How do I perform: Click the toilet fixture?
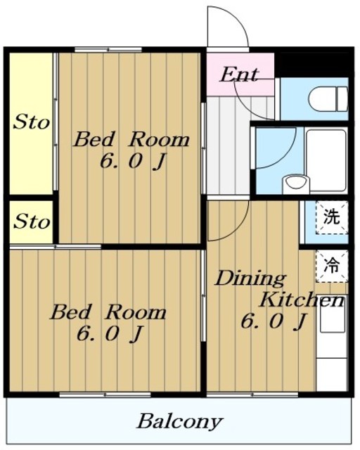click(x=328, y=98)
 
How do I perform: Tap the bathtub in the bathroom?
click(x=326, y=160)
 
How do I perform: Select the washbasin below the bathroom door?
click(x=296, y=185)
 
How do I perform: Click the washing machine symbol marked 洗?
click(x=332, y=217)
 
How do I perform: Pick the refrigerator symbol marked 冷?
click(x=332, y=266)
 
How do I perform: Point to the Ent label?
click(x=240, y=75)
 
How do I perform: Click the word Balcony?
click(x=180, y=422)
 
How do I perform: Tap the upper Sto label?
click(x=32, y=122)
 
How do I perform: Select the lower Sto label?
click(x=32, y=221)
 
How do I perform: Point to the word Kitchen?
click(x=302, y=300)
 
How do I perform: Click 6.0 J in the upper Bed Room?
click(x=133, y=162)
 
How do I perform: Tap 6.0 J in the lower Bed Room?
click(x=110, y=334)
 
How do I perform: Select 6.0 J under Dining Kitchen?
click(x=273, y=321)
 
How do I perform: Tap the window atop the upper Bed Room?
click(x=108, y=50)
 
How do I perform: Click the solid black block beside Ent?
click(x=314, y=65)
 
